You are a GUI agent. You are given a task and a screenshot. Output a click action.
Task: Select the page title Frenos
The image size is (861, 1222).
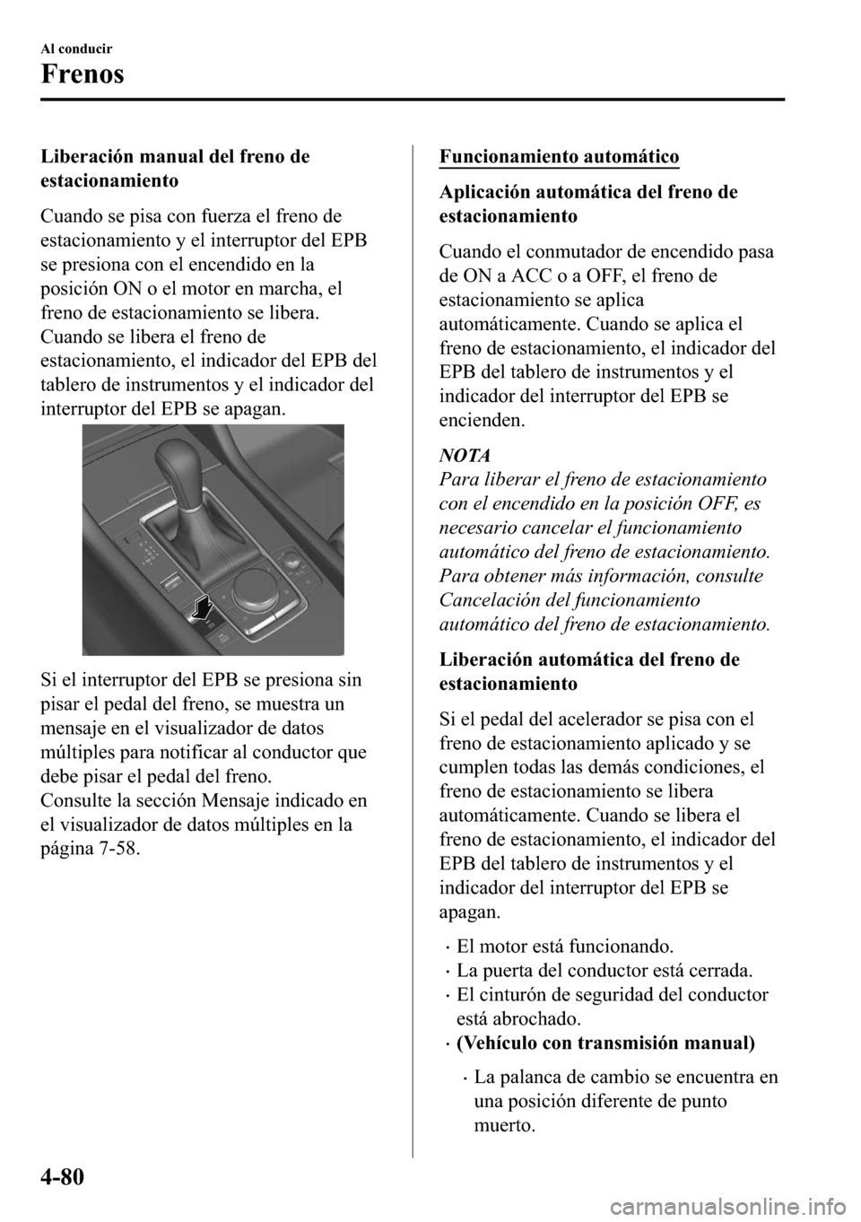coord(82,73)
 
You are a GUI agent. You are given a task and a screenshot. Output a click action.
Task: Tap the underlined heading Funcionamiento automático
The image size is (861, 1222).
coord(559,157)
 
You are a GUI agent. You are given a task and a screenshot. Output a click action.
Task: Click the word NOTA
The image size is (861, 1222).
coord(460,455)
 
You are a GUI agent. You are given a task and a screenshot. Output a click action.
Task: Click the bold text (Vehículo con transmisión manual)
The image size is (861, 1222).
coord(605,1043)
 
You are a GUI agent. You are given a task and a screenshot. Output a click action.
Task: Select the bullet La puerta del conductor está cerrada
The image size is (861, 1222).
coord(604,971)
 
